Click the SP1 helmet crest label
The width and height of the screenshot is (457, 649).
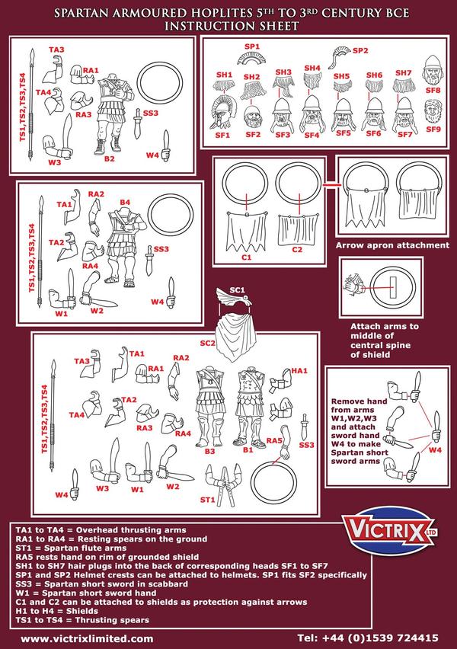click(x=252, y=47)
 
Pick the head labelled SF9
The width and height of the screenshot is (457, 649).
click(x=432, y=113)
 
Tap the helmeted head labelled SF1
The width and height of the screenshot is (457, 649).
click(x=222, y=113)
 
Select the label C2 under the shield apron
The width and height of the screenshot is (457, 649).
click(x=297, y=248)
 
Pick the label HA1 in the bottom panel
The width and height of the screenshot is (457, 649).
click(x=299, y=370)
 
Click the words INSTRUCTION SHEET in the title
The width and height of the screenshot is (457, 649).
click(x=228, y=25)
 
